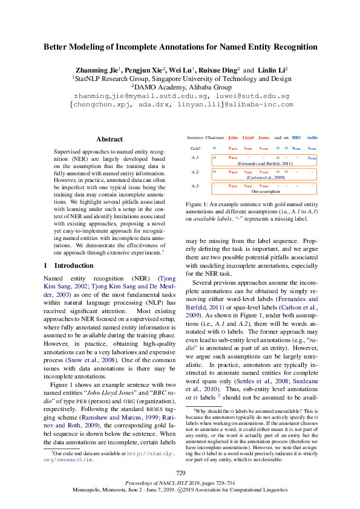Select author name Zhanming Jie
click(x=95, y=70)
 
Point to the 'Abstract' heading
click(x=110, y=139)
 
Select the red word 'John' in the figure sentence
click(x=232, y=137)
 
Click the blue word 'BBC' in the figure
click(x=296, y=137)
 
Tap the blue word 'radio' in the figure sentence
click(x=312, y=137)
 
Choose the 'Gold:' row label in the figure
click(x=195, y=148)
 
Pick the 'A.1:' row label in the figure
click(x=195, y=158)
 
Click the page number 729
click(x=180, y=472)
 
